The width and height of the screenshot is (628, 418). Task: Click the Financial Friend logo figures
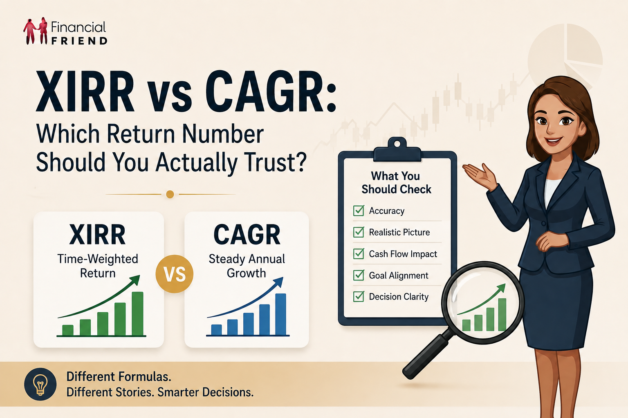coord(36,31)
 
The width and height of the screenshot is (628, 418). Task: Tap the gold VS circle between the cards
coord(175,274)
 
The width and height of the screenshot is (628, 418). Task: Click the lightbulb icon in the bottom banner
coord(40,385)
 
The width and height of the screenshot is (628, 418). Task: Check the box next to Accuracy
coord(359,211)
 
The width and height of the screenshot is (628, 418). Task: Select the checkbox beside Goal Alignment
coord(359,275)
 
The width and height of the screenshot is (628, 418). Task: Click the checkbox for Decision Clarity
coord(359,296)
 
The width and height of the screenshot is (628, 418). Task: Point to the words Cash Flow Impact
coord(403,254)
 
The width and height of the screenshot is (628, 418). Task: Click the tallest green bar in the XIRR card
coord(138,313)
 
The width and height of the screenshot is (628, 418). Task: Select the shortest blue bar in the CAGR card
coord(216,330)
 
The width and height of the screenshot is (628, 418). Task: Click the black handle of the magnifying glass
coord(426,355)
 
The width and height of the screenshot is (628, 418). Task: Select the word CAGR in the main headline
coord(271,92)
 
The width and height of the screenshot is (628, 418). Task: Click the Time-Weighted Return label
coord(98,266)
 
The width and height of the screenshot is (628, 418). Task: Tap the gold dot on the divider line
coord(170,194)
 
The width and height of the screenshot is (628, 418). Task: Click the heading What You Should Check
coord(396,182)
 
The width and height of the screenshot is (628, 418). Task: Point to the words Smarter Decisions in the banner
coord(205,392)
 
